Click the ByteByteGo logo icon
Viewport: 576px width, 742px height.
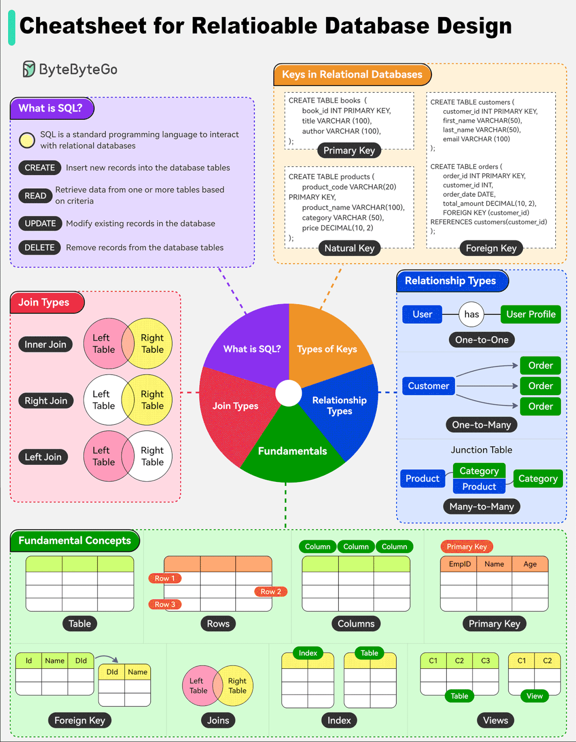(29, 69)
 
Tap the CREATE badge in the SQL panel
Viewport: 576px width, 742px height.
(40, 168)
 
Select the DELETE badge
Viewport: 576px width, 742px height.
(40, 247)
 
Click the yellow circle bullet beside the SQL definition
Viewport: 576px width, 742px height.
(27, 140)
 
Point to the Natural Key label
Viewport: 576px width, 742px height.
(349, 248)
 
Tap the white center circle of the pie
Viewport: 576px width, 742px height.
(288, 393)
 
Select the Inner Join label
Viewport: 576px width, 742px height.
(45, 344)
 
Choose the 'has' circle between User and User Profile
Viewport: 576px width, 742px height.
(472, 314)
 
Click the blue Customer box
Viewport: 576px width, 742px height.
(428, 386)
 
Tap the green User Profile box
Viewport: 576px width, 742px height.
(531, 314)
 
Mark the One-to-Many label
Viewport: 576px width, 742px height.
(481, 425)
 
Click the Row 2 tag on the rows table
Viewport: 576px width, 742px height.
(271, 591)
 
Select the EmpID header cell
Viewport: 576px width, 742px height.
(459, 564)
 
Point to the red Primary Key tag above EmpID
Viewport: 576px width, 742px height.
(467, 546)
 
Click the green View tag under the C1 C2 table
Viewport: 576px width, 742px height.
(534, 696)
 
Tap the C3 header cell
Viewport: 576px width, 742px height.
(485, 661)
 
